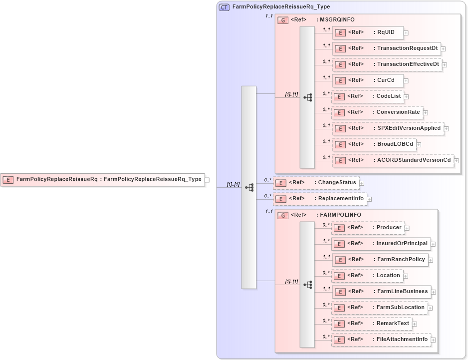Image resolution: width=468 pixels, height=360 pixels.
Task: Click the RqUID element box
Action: tap(368, 32)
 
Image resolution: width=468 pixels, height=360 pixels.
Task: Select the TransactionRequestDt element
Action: tap(386, 48)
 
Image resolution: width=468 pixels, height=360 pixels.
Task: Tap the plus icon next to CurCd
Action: tap(406, 80)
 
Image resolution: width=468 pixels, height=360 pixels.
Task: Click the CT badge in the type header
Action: tap(225, 7)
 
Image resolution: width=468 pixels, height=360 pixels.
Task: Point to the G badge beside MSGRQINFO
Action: tap(283, 19)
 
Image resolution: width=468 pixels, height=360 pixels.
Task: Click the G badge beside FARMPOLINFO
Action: tap(283, 215)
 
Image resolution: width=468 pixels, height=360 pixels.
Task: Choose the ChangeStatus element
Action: tap(316, 183)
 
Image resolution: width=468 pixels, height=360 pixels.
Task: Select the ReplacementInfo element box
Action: tap(319, 199)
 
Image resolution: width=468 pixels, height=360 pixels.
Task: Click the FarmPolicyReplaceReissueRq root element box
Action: tap(103, 179)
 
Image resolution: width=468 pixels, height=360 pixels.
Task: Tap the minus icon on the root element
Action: tap(207, 179)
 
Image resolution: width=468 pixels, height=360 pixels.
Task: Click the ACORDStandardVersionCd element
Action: tap(393, 160)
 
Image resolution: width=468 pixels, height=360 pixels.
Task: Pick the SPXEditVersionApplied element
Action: tap(388, 128)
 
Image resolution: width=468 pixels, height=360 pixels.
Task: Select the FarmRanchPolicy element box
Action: tap(380, 260)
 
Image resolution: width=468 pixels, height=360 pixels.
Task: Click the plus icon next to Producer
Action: tap(407, 228)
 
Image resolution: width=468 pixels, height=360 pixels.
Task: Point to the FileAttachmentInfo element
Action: tap(381, 340)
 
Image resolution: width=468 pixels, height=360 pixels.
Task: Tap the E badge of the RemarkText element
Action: tap(340, 324)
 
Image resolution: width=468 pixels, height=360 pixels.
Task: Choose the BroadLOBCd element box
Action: tap(374, 144)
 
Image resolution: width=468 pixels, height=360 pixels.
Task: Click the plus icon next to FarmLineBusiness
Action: tap(434, 292)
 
